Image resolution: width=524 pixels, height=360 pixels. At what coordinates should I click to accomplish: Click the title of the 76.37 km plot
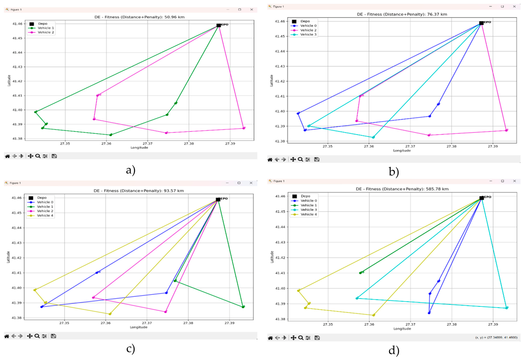402,14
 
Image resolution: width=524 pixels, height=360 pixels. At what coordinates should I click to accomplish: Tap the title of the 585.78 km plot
402,189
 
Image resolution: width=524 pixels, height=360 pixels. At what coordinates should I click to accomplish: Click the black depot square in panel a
219,25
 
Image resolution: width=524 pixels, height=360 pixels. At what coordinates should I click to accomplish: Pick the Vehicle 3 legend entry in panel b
308,35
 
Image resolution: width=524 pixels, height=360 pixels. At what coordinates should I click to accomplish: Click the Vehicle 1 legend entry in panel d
308,205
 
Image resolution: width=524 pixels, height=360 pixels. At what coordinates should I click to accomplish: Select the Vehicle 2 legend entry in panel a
45,33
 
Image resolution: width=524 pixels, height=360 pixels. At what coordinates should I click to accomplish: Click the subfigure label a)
131,170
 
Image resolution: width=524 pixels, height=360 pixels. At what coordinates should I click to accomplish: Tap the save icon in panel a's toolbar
54,156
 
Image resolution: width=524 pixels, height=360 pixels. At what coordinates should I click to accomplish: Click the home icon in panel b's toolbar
270,160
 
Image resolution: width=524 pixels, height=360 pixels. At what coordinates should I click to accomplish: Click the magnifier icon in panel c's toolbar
37,336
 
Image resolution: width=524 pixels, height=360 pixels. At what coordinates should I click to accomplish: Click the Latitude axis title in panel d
272,257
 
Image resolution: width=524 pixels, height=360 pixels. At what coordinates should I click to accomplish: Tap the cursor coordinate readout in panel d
496,337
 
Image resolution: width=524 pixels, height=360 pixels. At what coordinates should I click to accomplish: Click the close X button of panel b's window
514,6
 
